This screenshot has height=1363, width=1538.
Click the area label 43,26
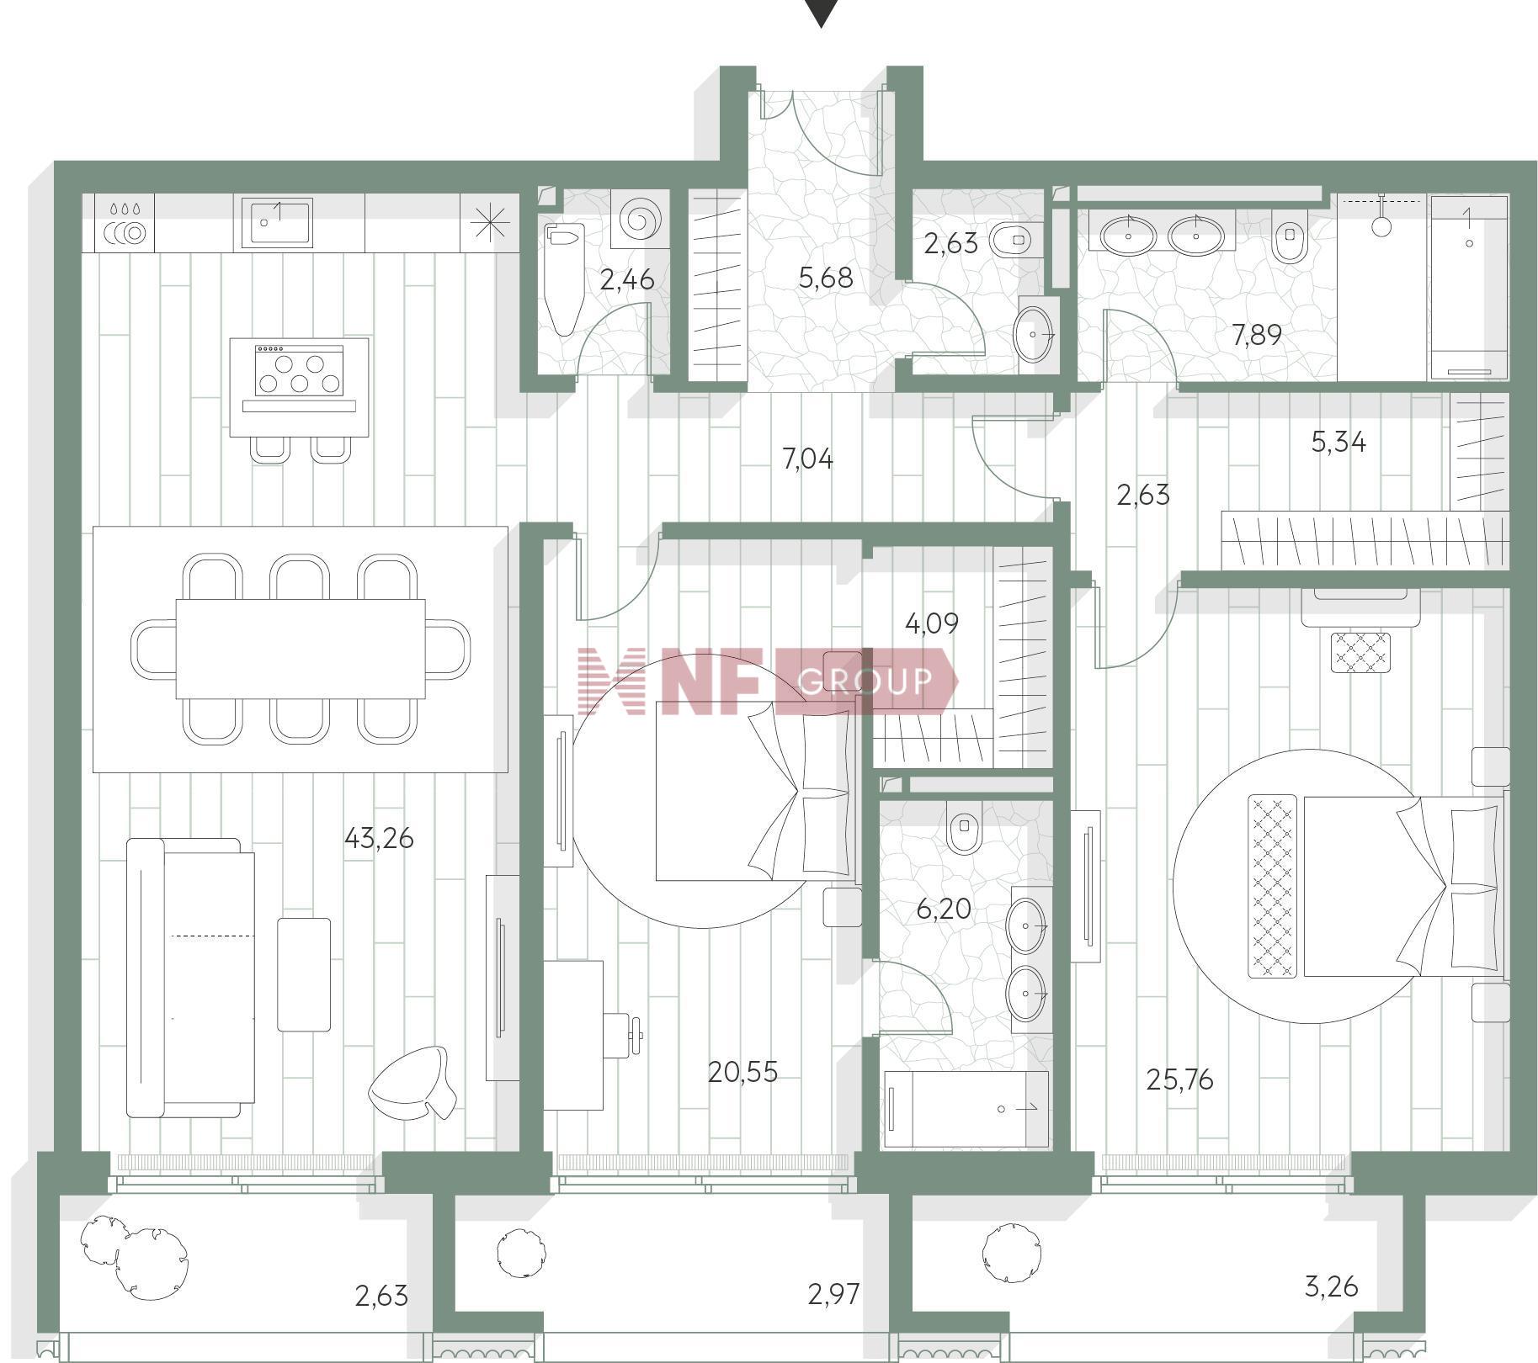[x=379, y=838]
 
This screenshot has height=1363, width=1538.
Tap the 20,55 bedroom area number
[x=742, y=1072]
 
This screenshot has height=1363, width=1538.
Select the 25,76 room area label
[x=1179, y=1079]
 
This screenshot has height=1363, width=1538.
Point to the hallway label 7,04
[x=807, y=459]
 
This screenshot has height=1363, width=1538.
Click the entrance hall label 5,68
[x=825, y=277]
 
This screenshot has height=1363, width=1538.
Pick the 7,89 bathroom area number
[x=1257, y=336]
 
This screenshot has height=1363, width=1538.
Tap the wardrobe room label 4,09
[x=931, y=623]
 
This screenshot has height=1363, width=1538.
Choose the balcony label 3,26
[x=1331, y=1286]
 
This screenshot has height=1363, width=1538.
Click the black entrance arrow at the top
[x=821, y=12]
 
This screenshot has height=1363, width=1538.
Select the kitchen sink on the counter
[x=277, y=222]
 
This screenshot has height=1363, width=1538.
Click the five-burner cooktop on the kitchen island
[x=299, y=370]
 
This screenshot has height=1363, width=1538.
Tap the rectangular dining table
[x=300, y=649]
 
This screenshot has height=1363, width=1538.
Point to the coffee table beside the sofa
[x=304, y=974]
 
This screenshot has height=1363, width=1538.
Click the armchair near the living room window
[x=412, y=1082]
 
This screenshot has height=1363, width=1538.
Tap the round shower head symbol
[x=1381, y=226]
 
